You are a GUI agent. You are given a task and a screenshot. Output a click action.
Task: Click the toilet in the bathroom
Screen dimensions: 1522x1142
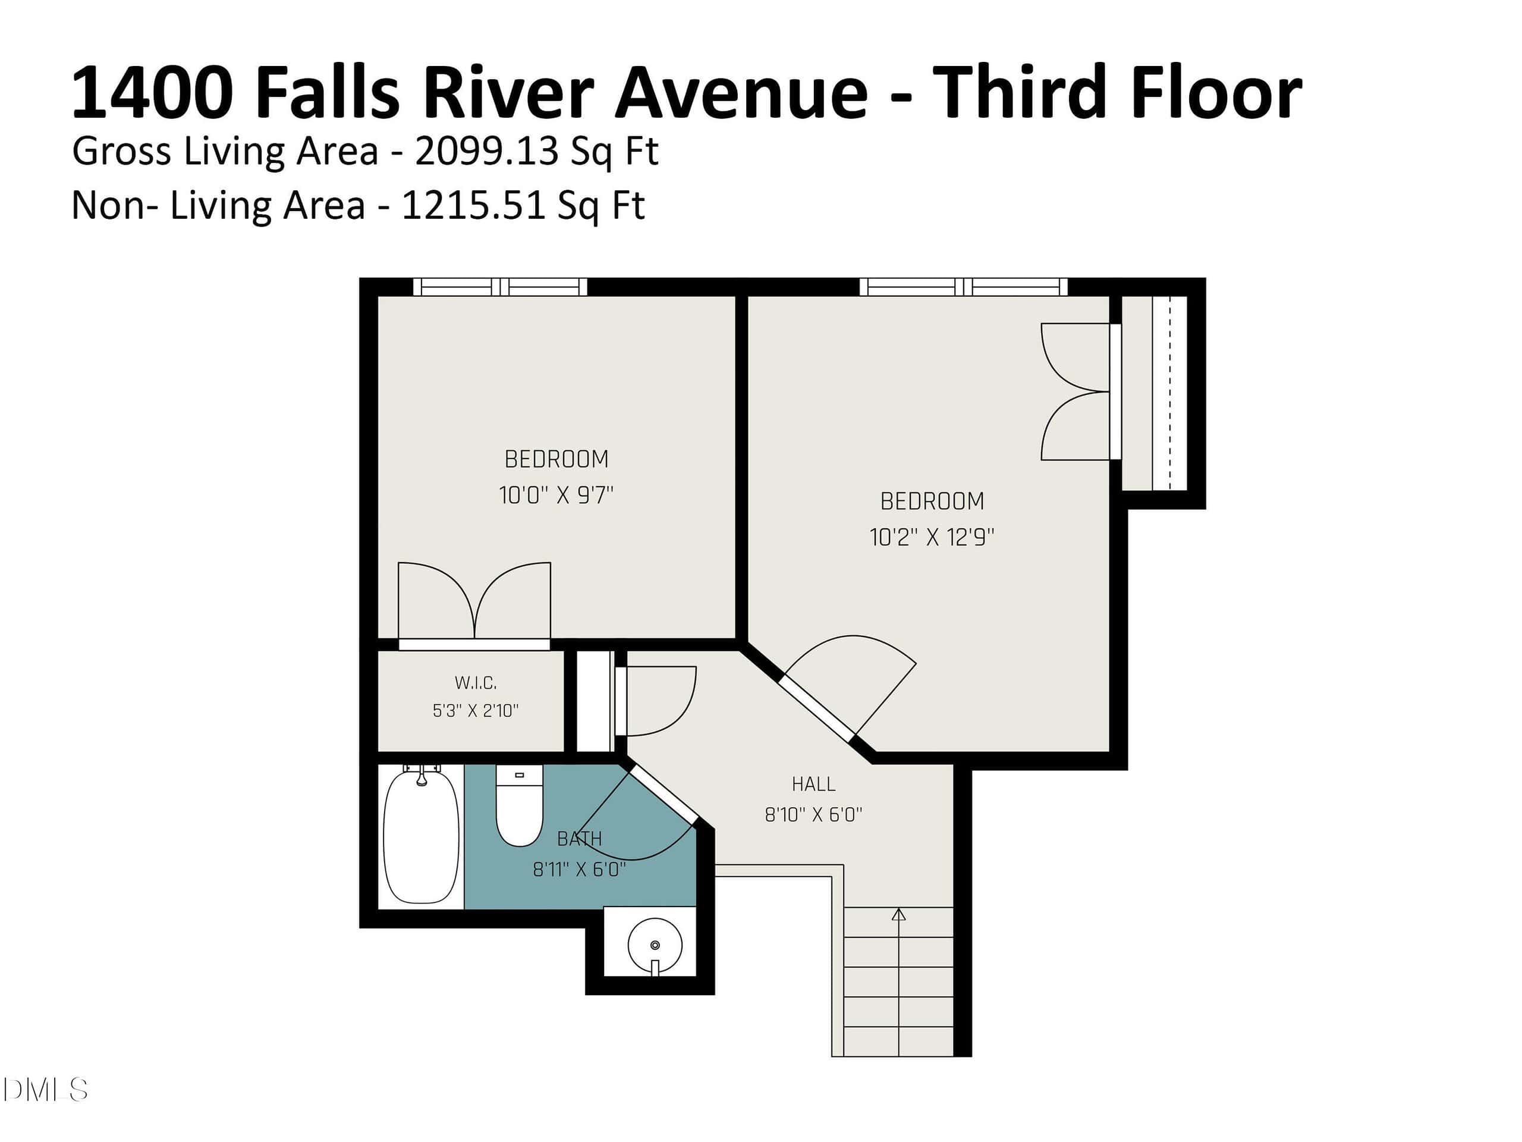(520, 806)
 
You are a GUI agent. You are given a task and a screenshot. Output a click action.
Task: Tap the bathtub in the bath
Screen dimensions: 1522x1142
(421, 836)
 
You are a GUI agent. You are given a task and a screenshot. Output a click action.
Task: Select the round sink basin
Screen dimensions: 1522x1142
(655, 945)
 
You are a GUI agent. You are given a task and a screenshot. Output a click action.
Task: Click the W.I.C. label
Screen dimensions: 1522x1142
(476, 683)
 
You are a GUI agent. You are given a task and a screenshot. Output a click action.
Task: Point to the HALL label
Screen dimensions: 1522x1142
(813, 784)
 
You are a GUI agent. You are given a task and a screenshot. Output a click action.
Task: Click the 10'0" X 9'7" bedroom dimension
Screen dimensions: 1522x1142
(556, 495)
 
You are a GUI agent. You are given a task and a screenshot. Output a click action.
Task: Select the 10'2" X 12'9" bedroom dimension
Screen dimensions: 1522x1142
(932, 537)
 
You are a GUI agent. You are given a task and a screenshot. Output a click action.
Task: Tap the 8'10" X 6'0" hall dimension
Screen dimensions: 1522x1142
(813, 814)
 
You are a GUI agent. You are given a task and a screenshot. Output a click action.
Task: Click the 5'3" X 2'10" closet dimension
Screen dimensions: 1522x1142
(476, 710)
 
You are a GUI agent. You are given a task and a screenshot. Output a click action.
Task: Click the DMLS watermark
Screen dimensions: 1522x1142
(45, 1090)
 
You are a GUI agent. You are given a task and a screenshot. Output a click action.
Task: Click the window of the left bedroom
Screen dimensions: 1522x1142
(500, 287)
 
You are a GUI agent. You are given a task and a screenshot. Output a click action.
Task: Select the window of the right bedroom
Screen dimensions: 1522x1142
(963, 287)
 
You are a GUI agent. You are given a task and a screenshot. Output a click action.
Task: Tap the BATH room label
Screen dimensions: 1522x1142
(579, 839)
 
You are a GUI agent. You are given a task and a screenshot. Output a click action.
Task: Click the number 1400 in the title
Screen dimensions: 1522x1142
(152, 92)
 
